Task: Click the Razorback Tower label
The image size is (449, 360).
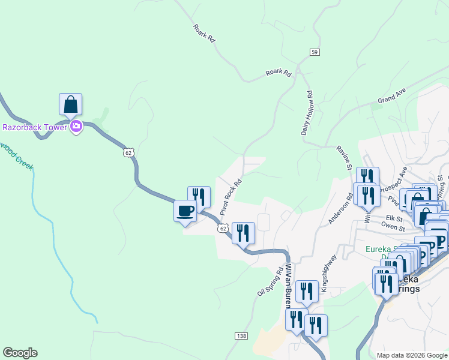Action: pos(34,127)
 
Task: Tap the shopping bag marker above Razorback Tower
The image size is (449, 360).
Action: pos(71,104)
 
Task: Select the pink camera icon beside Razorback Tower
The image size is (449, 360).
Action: pos(76,127)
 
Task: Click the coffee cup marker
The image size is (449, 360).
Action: pos(185,211)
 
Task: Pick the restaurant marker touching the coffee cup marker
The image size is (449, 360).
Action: pos(199,197)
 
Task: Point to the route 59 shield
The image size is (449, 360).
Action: pos(315,53)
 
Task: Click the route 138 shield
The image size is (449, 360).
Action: pos(241,335)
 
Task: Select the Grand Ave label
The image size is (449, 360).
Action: pos(392,95)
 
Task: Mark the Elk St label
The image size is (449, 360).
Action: pos(394,218)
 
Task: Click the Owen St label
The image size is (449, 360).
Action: pos(394,229)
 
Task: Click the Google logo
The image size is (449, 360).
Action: pos(20,353)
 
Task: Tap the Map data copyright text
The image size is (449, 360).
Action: pos(411,355)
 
